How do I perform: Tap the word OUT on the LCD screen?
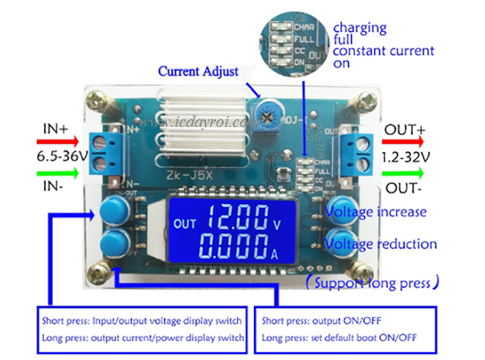click(x=184, y=224)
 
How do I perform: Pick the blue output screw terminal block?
click(x=353, y=145)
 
